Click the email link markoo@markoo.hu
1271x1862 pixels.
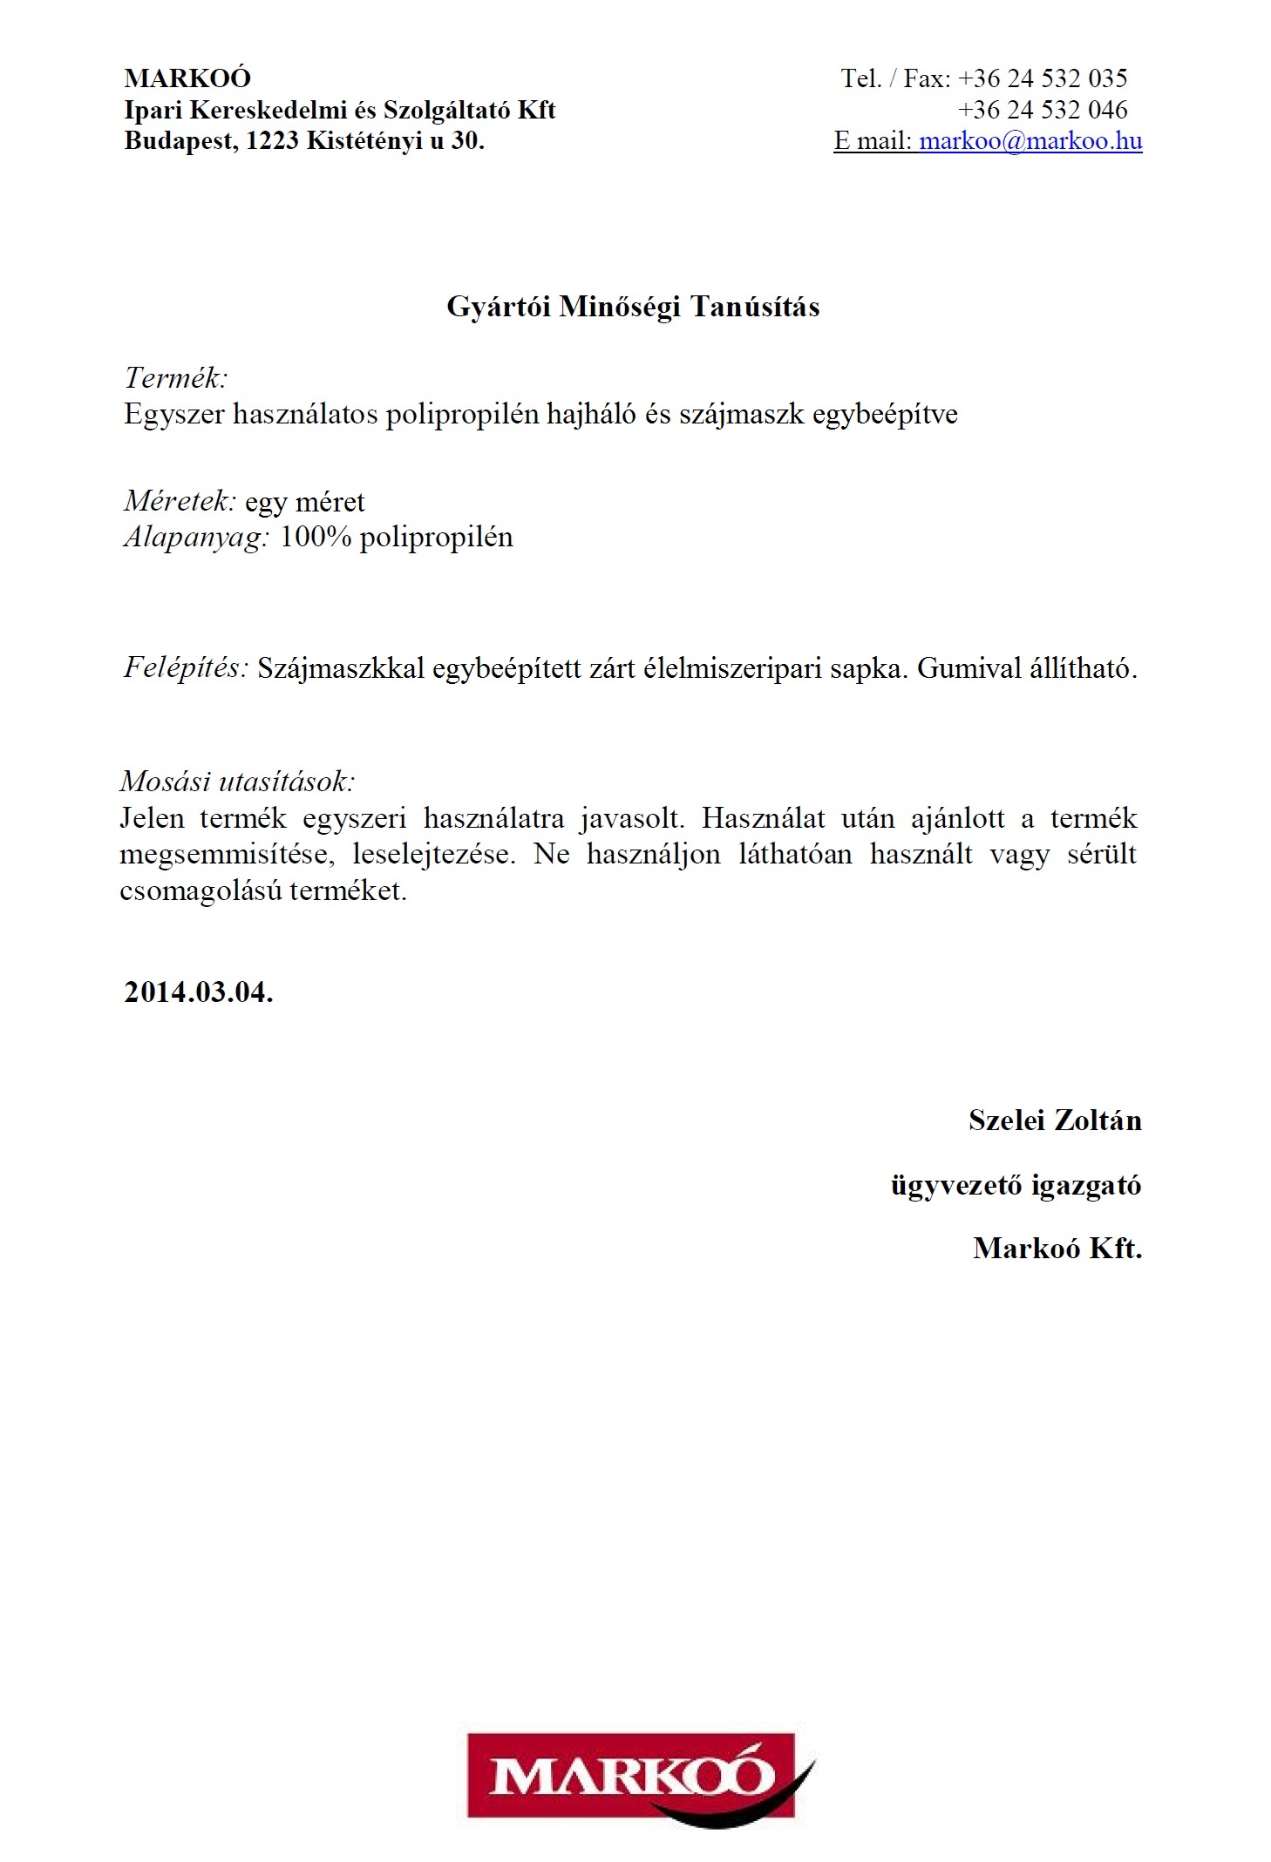pos(1030,141)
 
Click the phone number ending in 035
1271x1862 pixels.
pos(1042,78)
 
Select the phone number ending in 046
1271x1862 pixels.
pos(1042,110)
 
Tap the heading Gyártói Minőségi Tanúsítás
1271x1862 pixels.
pos(633,307)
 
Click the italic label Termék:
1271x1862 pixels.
pos(175,378)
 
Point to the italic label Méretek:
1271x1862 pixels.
pos(180,501)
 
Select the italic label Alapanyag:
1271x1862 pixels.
pos(196,537)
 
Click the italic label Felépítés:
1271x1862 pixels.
pos(186,667)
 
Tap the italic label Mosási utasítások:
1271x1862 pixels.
pos(237,781)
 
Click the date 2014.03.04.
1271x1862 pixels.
pos(199,992)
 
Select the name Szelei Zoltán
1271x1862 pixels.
pos(1054,1121)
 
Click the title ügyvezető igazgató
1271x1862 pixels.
pos(1015,1185)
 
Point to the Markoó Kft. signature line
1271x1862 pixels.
pos(1057,1249)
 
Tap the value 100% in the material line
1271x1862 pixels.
pos(315,537)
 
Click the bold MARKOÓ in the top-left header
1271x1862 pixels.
pos(187,78)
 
